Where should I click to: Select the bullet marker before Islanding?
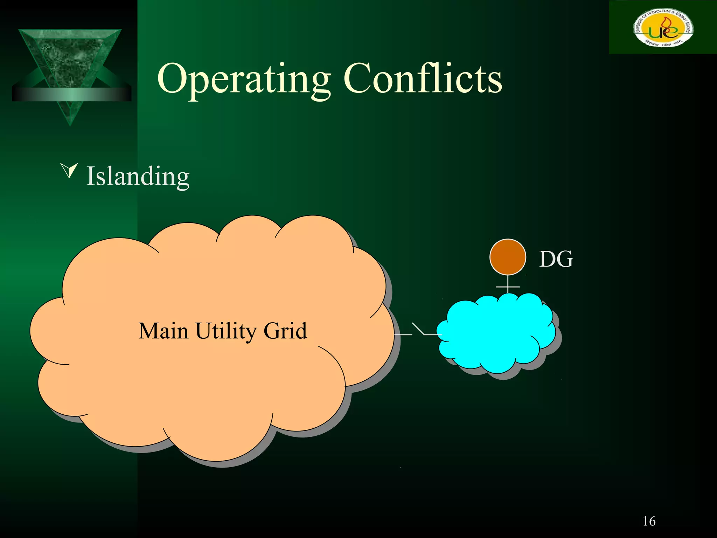69,170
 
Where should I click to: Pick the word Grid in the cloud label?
285,331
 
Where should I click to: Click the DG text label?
556,259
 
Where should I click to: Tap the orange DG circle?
508,257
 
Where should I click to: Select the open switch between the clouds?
419,329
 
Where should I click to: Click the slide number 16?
649,521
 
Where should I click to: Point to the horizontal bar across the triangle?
71,94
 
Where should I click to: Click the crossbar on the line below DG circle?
508,287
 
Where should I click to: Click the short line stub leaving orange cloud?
403,335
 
